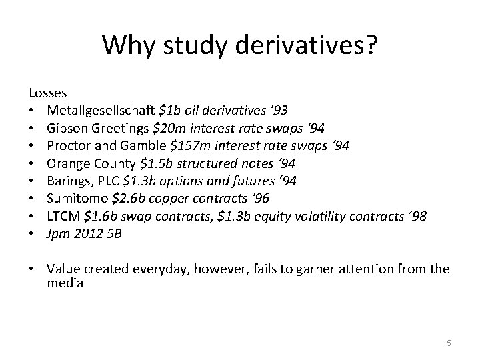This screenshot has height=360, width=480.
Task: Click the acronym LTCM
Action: coord(62,217)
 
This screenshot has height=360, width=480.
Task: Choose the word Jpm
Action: coord(57,235)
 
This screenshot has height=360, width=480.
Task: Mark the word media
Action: coord(65,283)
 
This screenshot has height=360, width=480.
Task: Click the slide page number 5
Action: coord(449,343)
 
